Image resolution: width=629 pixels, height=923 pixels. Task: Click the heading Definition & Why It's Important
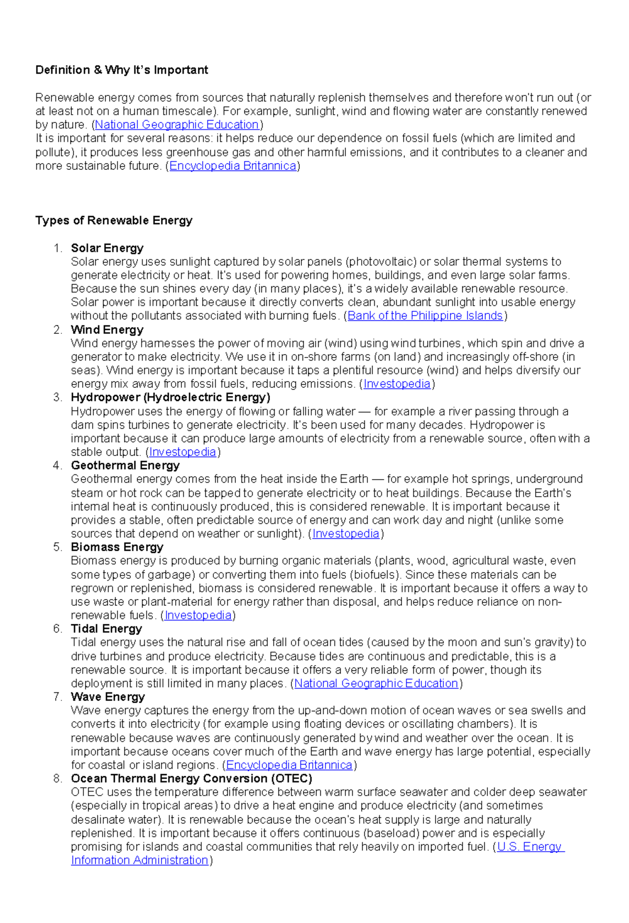pos(122,70)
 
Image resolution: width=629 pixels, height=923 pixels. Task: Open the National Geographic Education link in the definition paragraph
pos(177,125)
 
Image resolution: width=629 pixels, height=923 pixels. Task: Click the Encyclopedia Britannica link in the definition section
pos(233,166)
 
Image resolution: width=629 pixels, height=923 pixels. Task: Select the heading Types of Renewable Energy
pos(114,221)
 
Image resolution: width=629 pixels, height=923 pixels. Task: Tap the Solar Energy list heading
pos(107,248)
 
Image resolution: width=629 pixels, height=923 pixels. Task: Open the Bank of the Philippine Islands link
pos(425,316)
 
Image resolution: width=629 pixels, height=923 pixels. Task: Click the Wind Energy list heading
pos(107,330)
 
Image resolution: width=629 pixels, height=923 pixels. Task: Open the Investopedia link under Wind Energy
pos(397,384)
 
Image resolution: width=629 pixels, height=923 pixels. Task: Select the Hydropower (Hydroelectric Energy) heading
pos(170,397)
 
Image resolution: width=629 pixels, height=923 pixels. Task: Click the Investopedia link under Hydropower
pos(182,452)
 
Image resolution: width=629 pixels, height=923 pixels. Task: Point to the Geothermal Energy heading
pos(125,465)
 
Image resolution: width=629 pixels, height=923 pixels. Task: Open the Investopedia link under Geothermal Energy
pos(345,534)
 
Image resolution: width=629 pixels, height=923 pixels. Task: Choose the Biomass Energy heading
pos(117,547)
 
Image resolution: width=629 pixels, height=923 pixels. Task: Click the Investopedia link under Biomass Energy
pos(198,615)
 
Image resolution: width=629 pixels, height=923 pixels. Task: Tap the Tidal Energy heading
pos(106,629)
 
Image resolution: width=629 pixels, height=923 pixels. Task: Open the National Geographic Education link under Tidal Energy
pos(376,683)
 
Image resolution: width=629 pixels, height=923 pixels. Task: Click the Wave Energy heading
pos(108,697)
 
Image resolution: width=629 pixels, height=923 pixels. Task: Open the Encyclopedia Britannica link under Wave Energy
pos(289,765)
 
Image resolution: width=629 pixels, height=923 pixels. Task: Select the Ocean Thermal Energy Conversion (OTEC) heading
pos(191,779)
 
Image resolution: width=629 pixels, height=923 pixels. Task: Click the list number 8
pos(58,779)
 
